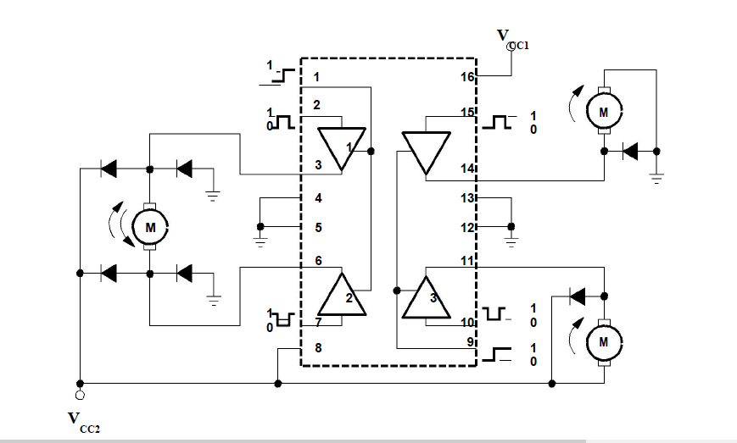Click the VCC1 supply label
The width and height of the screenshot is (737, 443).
[511, 38]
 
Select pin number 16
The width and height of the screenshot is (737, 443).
[466, 77]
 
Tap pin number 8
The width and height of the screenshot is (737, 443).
[317, 347]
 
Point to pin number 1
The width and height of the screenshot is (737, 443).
[316, 78]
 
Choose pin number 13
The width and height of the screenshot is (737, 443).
[466, 198]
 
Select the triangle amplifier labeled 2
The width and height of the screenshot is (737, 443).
[342, 296]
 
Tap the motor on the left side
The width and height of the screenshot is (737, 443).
[151, 227]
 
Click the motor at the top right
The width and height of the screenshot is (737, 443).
[603, 111]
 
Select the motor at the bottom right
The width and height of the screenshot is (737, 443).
[603, 341]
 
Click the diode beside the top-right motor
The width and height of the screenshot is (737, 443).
[629, 152]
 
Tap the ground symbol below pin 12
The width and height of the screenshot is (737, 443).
[511, 240]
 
